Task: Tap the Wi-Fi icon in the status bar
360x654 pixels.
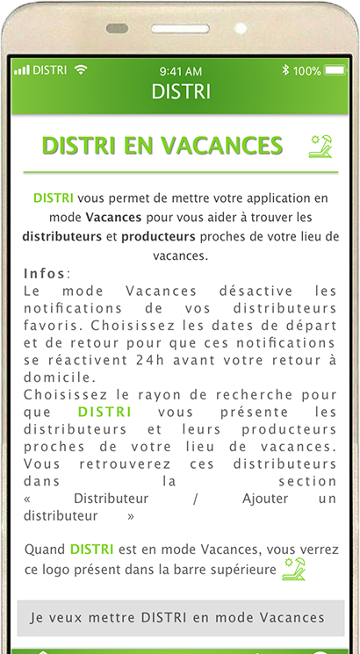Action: coord(82,69)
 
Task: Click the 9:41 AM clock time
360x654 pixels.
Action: coord(181,70)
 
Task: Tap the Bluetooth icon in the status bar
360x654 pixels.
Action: coord(285,70)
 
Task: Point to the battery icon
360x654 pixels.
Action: coord(335,70)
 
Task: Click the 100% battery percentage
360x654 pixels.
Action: coord(306,70)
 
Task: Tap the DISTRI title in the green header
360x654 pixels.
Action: coord(181,91)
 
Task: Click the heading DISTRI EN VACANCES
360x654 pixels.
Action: coord(162,146)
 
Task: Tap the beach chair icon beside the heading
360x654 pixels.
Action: coord(320,146)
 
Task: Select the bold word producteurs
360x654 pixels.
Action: coord(158,236)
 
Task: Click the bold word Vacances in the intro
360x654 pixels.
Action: coord(113,217)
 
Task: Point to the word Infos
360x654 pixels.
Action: coord(45,274)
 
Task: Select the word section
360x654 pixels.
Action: coord(306,481)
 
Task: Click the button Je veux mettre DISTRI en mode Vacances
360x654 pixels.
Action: coord(176,617)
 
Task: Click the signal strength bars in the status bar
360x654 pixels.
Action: coord(22,70)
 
